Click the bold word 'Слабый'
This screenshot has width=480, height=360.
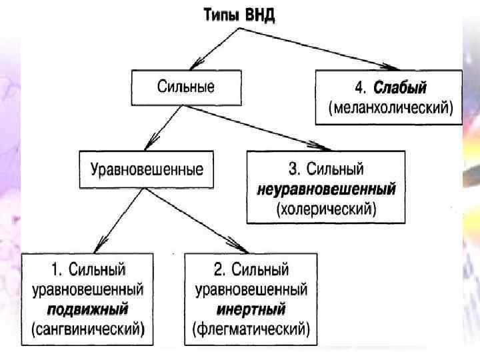399,88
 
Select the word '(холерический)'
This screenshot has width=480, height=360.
326,208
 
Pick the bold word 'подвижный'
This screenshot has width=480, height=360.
88,309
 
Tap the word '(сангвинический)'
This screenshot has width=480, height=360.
88,329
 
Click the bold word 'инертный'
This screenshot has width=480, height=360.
251,309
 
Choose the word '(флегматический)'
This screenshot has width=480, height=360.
251,329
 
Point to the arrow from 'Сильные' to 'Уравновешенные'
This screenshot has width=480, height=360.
163,127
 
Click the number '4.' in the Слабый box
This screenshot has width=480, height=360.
360,88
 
